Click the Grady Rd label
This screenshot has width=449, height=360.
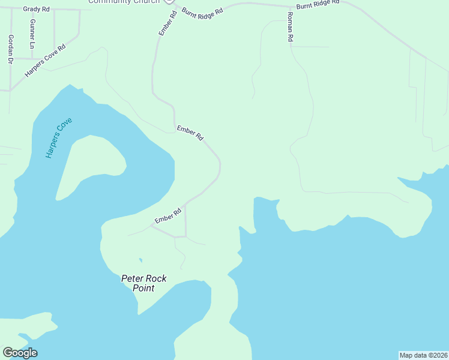click(37, 9)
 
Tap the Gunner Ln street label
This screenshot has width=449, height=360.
click(32, 34)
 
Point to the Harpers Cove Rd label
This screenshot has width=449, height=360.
click(45, 60)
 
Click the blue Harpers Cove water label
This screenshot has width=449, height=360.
click(58, 137)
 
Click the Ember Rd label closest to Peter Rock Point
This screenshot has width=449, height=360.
click(168, 216)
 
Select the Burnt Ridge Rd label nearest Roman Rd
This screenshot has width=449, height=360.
click(318, 2)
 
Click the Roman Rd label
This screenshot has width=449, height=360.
click(290, 27)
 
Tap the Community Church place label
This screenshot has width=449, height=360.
click(124, 2)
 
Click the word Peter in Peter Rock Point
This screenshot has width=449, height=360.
click(132, 278)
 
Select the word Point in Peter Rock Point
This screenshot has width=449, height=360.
click(143, 288)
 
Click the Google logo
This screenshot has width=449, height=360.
click(20, 353)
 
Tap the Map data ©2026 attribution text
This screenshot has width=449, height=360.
click(423, 355)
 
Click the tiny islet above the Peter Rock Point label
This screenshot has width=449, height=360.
click(140, 260)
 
